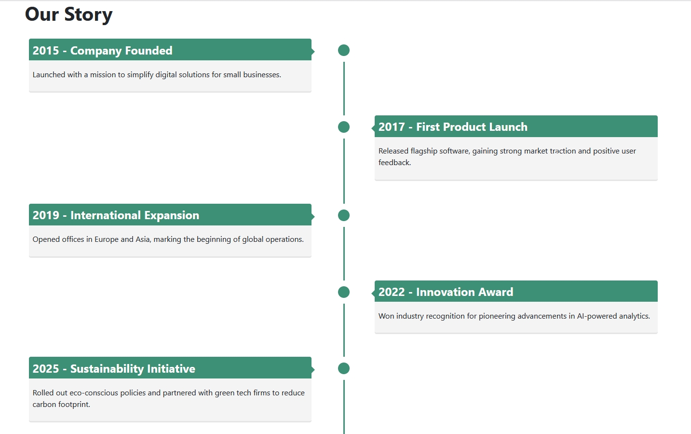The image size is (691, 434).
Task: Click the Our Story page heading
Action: (x=68, y=14)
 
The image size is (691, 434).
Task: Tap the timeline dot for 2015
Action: (x=344, y=50)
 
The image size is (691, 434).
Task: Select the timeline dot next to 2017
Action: (x=344, y=127)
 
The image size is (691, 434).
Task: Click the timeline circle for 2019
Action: (x=344, y=215)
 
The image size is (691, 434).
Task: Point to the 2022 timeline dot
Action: (x=344, y=292)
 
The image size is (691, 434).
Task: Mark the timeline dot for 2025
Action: (x=344, y=368)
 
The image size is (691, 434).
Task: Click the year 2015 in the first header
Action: (x=46, y=51)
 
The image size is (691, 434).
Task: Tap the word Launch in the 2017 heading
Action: (x=508, y=127)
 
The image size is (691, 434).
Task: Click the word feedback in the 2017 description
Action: (x=394, y=163)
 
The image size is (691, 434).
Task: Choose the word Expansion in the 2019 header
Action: (x=171, y=215)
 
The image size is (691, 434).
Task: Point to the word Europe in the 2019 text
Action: (x=106, y=239)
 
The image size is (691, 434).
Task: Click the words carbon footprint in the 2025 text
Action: (x=61, y=405)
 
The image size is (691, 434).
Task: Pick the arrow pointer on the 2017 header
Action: (x=373, y=128)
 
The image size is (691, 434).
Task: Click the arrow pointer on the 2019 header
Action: (x=313, y=216)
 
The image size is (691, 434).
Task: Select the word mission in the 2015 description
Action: (x=103, y=75)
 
